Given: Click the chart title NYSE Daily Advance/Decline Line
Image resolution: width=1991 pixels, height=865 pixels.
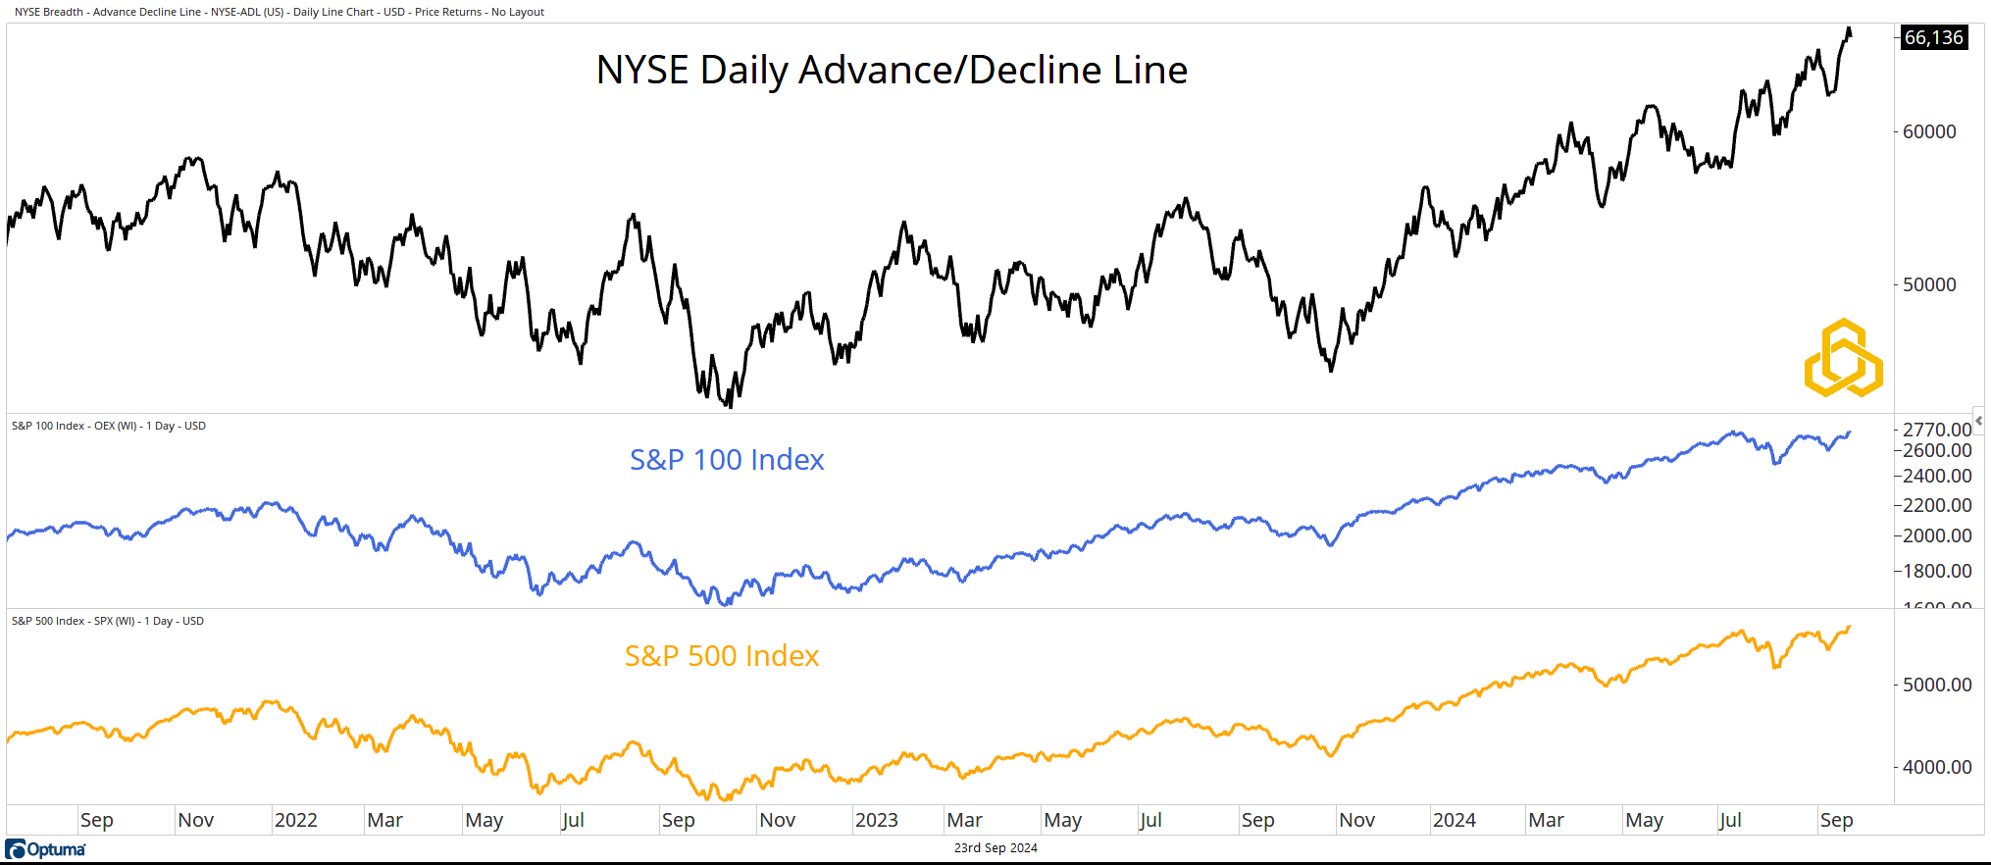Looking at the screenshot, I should click(x=892, y=71).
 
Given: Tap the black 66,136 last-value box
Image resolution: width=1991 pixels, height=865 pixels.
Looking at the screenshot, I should click(x=1933, y=38).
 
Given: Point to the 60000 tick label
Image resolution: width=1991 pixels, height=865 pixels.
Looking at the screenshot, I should click(x=1928, y=131).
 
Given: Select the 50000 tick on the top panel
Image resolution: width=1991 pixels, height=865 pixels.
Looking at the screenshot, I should click(x=1928, y=284).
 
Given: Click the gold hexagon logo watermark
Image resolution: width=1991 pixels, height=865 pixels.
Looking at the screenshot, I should click(x=1843, y=358).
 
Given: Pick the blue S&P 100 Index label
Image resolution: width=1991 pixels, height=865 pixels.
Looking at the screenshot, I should click(x=727, y=460).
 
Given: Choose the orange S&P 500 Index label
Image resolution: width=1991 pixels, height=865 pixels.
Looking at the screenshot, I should click(x=722, y=656).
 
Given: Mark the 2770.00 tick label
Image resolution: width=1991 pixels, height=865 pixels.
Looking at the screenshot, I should click(x=1936, y=430).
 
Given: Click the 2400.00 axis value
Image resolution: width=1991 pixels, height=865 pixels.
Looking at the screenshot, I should click(x=1936, y=476).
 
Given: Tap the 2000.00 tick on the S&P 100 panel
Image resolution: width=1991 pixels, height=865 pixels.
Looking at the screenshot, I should click(x=1936, y=535).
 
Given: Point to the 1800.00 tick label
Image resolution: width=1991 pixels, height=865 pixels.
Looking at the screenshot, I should click(x=1936, y=571).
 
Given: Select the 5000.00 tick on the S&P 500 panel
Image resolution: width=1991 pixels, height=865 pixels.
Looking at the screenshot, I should click(x=1936, y=685).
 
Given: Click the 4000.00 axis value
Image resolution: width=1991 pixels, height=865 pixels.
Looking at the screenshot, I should click(x=1936, y=767).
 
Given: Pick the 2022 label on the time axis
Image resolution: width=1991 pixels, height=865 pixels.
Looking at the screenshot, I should click(x=295, y=820).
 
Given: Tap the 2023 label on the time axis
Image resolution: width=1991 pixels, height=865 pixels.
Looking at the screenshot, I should click(x=876, y=820).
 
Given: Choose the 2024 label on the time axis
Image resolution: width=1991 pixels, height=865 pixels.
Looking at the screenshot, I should click(x=1454, y=820).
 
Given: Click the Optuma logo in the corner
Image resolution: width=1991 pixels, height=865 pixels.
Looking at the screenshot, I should click(x=46, y=849).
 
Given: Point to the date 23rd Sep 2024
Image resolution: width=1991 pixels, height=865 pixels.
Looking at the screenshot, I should click(x=995, y=848).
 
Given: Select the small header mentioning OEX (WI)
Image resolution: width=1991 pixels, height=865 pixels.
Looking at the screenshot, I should click(x=108, y=426).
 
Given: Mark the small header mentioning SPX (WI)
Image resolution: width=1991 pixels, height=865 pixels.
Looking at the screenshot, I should click(x=107, y=621).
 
